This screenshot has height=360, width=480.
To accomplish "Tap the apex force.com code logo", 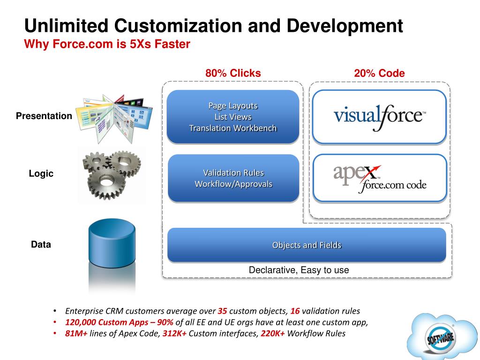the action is pyautogui.click(x=379, y=179).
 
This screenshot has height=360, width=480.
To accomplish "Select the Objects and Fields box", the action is pyautogui.click(x=307, y=245).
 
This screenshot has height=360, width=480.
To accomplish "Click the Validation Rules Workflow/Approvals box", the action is pyautogui.click(x=233, y=179).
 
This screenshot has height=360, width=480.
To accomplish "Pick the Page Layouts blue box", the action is pyautogui.click(x=233, y=117).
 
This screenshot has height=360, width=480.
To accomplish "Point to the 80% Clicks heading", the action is pyautogui.click(x=233, y=73).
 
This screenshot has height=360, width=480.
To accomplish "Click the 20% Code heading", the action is pyautogui.click(x=379, y=73).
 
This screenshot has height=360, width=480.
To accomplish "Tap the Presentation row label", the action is pyautogui.click(x=44, y=116).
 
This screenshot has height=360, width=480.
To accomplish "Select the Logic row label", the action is pyautogui.click(x=41, y=173).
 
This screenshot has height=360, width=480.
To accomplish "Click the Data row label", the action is pyautogui.click(x=41, y=244).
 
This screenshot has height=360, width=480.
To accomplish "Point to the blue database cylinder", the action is pyautogui.click(x=112, y=244).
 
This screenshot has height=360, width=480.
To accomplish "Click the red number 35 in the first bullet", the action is pyautogui.click(x=222, y=311).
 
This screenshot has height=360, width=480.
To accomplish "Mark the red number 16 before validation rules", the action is pyautogui.click(x=295, y=311).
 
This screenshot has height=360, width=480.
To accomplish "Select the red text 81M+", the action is pyautogui.click(x=76, y=333).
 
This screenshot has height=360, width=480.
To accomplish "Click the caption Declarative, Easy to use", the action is pyautogui.click(x=299, y=270).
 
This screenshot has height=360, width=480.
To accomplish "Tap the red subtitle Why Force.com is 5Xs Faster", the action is pyautogui.click(x=107, y=45).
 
